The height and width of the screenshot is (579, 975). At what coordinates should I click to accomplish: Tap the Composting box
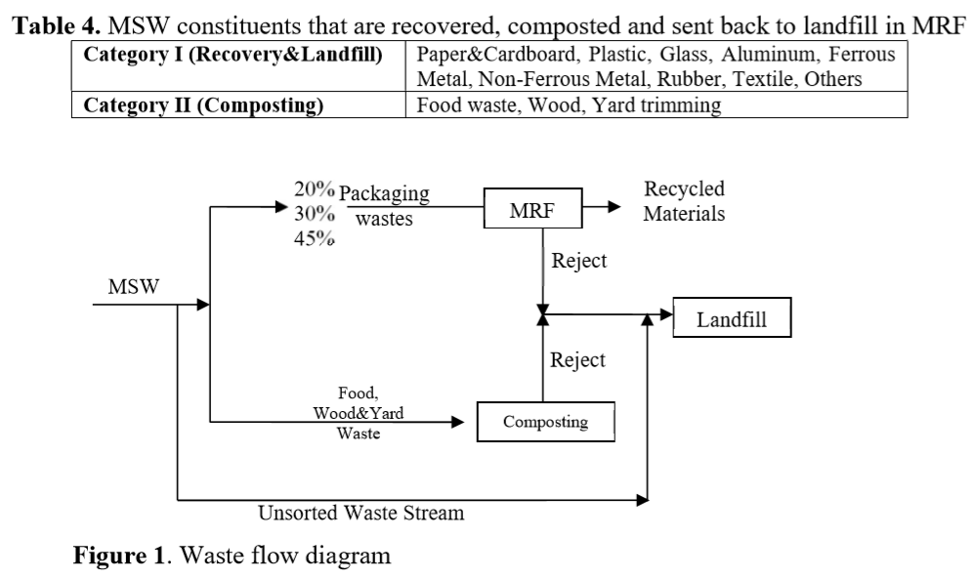pos(545,422)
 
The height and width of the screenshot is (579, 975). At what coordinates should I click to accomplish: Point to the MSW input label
pos(135,287)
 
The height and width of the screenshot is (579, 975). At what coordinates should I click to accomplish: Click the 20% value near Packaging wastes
pos(314,190)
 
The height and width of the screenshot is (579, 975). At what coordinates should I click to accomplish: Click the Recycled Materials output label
pos(684,201)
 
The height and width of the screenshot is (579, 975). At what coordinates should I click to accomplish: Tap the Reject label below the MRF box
pos(578,261)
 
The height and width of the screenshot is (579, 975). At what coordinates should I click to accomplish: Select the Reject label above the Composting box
pos(577,360)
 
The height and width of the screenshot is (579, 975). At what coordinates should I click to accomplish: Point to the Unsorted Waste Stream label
pos(360,513)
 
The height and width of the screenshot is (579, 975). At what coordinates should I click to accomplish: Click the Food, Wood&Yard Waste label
pos(359,413)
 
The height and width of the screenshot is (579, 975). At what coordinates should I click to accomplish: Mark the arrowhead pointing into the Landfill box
pos(666,314)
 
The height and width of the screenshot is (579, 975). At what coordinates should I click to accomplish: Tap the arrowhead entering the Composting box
pos(458,422)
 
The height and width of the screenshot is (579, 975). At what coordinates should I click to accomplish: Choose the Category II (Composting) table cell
pos(238,105)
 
